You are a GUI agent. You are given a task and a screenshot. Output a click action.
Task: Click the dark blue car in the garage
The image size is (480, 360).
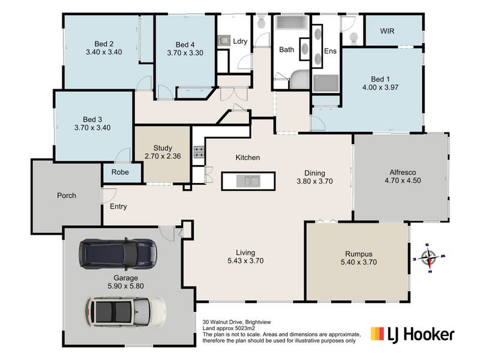[x=118, y=254]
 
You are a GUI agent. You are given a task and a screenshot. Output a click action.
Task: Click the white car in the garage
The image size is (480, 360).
[x=125, y=311]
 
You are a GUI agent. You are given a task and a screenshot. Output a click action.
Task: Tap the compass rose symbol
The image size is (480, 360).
[x=428, y=258]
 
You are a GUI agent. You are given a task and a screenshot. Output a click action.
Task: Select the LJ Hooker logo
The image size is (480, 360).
[x=412, y=335]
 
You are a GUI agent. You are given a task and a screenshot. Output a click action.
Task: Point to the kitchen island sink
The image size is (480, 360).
[x=248, y=181]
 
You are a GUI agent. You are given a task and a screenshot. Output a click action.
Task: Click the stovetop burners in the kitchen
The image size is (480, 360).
[x=199, y=152]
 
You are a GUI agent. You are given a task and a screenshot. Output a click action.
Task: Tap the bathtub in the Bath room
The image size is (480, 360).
[x=292, y=23]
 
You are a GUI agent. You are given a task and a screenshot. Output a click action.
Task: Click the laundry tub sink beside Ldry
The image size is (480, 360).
[x=224, y=40]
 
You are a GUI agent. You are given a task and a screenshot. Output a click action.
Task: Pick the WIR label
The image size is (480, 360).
[x=387, y=31]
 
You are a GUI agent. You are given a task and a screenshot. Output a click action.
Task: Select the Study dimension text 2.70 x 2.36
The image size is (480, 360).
[x=163, y=156]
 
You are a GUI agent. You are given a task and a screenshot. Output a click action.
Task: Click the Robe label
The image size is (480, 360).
[x=120, y=172]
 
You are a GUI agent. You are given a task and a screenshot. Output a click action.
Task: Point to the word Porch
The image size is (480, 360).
[x=67, y=196]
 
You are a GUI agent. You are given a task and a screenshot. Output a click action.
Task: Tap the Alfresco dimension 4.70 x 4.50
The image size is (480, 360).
[x=403, y=181]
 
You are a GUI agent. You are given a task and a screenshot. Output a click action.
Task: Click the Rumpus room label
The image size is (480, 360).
[x=359, y=254]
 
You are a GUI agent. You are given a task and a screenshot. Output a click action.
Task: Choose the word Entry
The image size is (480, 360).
[x=118, y=206]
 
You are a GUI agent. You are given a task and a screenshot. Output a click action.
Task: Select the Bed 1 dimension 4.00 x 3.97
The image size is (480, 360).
[x=380, y=87]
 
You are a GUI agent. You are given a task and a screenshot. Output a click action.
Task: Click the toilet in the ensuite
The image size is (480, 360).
[x=353, y=38]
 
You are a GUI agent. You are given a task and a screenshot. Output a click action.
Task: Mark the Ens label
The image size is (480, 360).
[x=331, y=51]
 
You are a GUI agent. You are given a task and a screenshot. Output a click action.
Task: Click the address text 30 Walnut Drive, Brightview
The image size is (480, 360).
[x=236, y=322]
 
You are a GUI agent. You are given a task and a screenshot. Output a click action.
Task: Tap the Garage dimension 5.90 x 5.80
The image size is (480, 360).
[x=125, y=286]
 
